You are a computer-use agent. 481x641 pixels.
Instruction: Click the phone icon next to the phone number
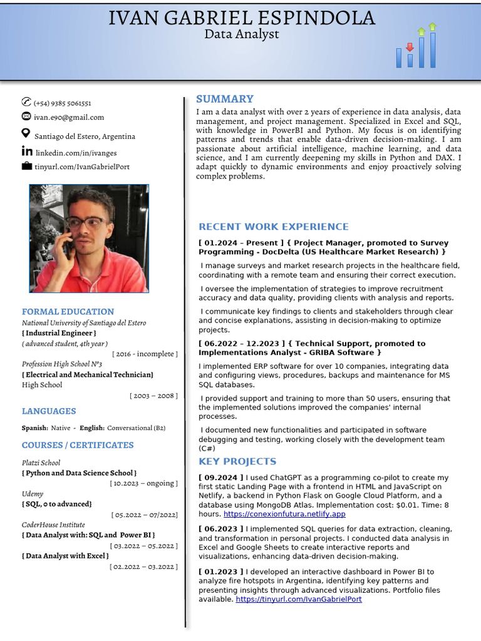[26, 102]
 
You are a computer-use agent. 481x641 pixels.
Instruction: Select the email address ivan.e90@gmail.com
[69, 117]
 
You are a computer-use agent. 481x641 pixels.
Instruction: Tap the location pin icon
[26, 133]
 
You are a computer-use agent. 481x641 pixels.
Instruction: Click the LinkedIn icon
[27, 151]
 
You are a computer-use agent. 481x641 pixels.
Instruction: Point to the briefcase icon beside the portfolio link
[26, 167]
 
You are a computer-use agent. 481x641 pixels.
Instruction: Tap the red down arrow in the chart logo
[410, 48]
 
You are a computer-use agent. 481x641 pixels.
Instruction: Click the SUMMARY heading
[224, 99]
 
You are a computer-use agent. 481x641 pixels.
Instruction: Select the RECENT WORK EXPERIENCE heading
[273, 227]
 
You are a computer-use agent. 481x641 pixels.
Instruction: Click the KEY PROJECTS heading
[237, 461]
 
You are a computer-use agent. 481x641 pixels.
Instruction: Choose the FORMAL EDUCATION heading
[68, 312]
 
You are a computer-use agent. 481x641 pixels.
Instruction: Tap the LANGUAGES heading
[49, 411]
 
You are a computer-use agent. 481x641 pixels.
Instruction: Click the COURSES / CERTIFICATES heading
[78, 445]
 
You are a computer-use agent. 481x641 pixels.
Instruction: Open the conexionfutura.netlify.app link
[284, 514]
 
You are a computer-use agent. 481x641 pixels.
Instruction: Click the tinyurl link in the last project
[298, 599]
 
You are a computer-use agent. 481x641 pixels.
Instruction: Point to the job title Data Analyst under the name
[241, 34]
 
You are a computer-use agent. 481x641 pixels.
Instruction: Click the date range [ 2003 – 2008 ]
[153, 396]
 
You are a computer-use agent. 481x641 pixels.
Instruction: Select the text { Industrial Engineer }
[59, 333]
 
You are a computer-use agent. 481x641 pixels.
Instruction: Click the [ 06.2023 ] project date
[220, 529]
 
